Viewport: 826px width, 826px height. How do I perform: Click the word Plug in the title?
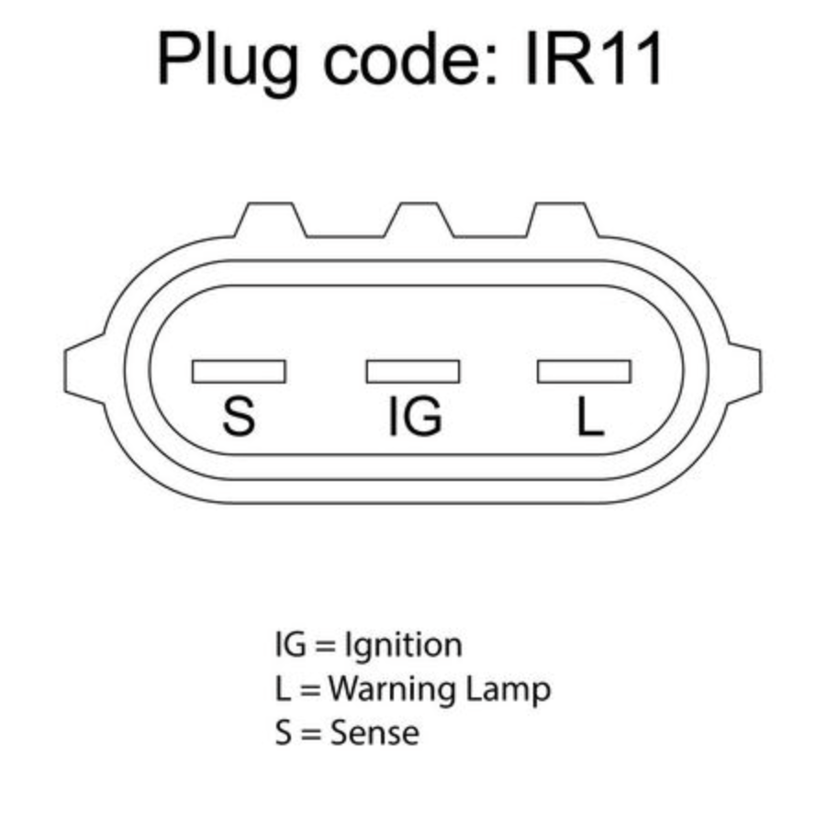click(x=228, y=62)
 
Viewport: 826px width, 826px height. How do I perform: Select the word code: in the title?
click(x=411, y=58)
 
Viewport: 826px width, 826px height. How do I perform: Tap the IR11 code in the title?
click(x=594, y=58)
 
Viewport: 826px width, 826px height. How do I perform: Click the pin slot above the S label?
click(x=239, y=372)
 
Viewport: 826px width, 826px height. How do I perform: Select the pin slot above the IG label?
click(x=412, y=372)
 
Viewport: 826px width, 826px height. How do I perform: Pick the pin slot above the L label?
click(x=584, y=372)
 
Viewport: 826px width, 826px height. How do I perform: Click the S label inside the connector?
click(x=239, y=416)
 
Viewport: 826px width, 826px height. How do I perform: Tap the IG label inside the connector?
click(x=415, y=416)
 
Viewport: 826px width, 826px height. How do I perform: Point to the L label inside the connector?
click(x=590, y=416)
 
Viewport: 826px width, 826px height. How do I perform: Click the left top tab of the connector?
click(x=270, y=219)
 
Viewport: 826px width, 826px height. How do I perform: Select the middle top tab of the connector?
click(x=419, y=219)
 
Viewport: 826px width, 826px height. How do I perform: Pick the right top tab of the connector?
click(x=562, y=219)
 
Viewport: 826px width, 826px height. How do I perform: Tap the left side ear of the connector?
click(x=84, y=369)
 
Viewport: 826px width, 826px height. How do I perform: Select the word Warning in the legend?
click(x=390, y=688)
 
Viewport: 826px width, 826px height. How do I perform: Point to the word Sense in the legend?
click(x=374, y=732)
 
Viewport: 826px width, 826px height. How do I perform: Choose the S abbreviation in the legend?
click(x=284, y=732)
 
